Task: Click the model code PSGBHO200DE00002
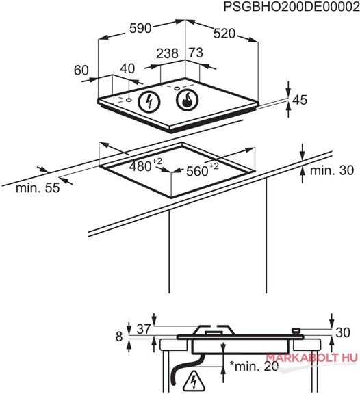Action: click(x=292, y=7)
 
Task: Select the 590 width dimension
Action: click(x=140, y=28)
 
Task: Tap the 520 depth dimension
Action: click(x=224, y=34)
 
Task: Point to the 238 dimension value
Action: click(x=168, y=53)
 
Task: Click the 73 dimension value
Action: click(x=196, y=53)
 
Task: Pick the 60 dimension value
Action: click(x=81, y=70)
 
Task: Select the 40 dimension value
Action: click(x=127, y=68)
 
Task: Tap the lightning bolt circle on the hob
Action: click(x=149, y=102)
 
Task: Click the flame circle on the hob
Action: click(x=188, y=99)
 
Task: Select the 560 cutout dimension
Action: click(x=203, y=170)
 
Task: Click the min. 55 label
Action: click(x=38, y=187)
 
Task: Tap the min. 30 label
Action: click(x=332, y=170)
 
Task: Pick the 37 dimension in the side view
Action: click(x=144, y=329)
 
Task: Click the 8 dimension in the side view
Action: click(x=119, y=337)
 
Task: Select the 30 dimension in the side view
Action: click(x=343, y=332)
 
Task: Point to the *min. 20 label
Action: click(x=254, y=367)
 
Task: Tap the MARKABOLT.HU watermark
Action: click(x=311, y=357)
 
